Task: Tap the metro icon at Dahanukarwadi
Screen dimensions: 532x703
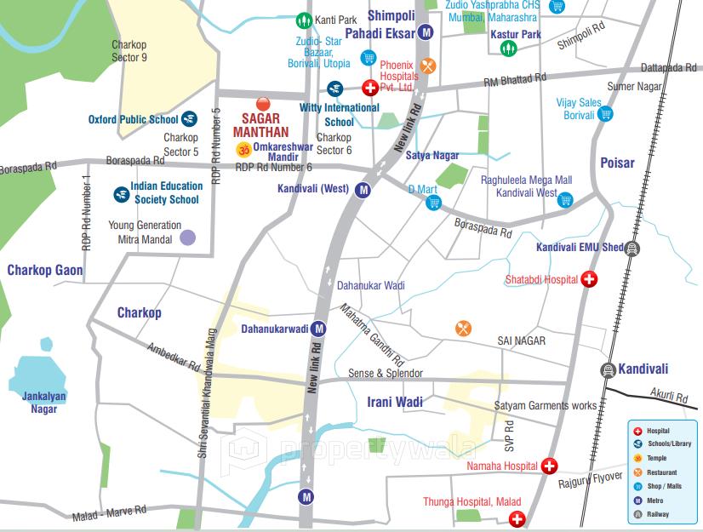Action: [318, 329]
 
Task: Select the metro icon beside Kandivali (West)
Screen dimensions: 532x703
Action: [363, 190]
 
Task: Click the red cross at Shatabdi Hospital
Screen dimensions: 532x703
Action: [588, 279]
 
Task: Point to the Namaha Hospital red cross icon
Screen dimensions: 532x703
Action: [549, 466]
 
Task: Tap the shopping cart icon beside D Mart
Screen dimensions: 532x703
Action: [433, 202]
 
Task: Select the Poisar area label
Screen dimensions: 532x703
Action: [617, 162]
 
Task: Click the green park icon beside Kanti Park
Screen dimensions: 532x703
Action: [303, 20]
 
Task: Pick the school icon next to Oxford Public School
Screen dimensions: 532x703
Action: [189, 119]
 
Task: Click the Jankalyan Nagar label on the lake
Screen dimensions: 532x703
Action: [44, 402]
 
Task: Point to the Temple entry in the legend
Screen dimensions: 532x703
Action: [656, 458]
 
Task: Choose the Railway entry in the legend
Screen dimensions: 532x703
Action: [658, 514]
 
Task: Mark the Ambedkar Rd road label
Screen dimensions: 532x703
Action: [173, 357]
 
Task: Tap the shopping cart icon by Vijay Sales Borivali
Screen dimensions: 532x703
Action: [605, 114]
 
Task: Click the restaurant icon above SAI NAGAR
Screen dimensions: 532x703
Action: [463, 328]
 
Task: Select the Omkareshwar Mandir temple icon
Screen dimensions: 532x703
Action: [243, 150]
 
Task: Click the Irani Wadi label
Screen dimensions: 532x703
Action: [394, 401]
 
